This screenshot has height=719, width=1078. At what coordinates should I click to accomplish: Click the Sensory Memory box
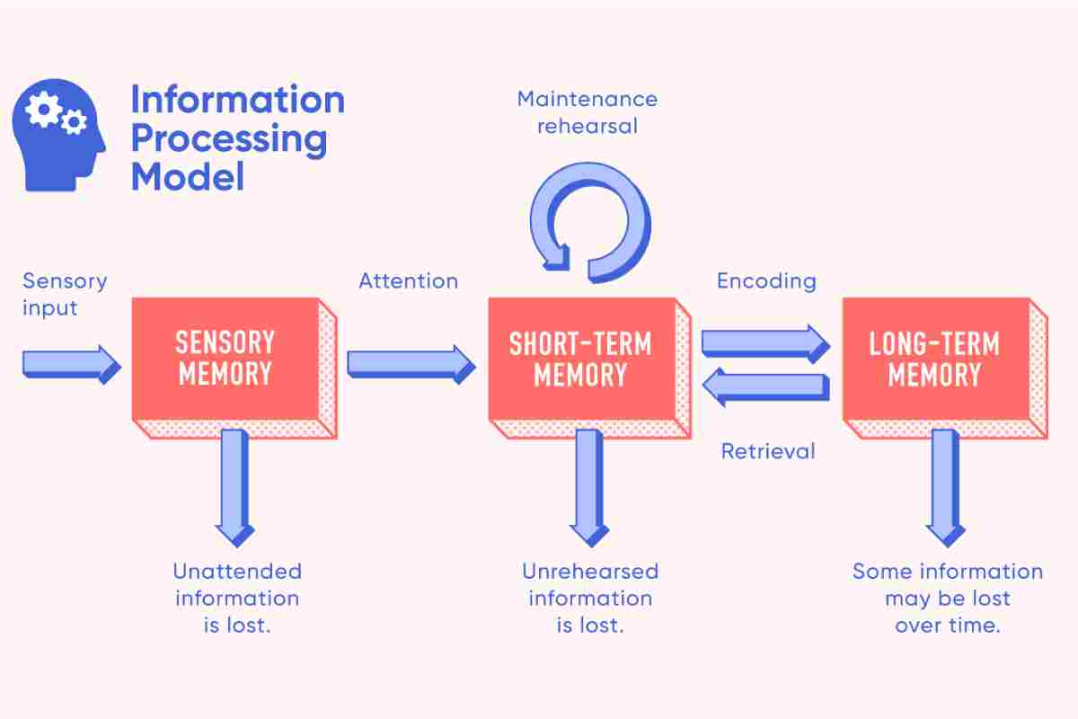[x=234, y=368]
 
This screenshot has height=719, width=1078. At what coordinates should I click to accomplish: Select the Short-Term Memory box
[x=589, y=368]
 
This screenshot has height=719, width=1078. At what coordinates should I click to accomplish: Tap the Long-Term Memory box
[x=945, y=368]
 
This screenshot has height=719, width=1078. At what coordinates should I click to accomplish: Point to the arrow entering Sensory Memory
[x=72, y=365]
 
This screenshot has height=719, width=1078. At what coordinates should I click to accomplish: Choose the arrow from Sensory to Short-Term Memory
[x=411, y=365]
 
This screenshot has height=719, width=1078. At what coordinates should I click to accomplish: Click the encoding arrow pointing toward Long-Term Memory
[x=765, y=344]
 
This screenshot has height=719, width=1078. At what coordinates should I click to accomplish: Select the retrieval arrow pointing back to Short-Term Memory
[x=765, y=386]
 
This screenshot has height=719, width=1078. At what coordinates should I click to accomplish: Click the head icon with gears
[x=58, y=136]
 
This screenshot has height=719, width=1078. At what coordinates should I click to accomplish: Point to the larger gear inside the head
[x=43, y=110]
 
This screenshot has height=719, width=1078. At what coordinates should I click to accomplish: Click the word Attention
[x=409, y=280]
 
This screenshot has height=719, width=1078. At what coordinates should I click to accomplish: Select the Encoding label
[x=766, y=281]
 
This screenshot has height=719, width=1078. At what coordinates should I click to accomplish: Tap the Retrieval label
[x=768, y=451]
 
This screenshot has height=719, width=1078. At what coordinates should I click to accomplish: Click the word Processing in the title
[x=229, y=139]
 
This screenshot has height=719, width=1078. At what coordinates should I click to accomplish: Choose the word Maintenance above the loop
[x=588, y=99]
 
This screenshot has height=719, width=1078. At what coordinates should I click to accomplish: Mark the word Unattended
[x=237, y=572]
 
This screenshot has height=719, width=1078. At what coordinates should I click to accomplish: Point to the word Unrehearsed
[x=590, y=572]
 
